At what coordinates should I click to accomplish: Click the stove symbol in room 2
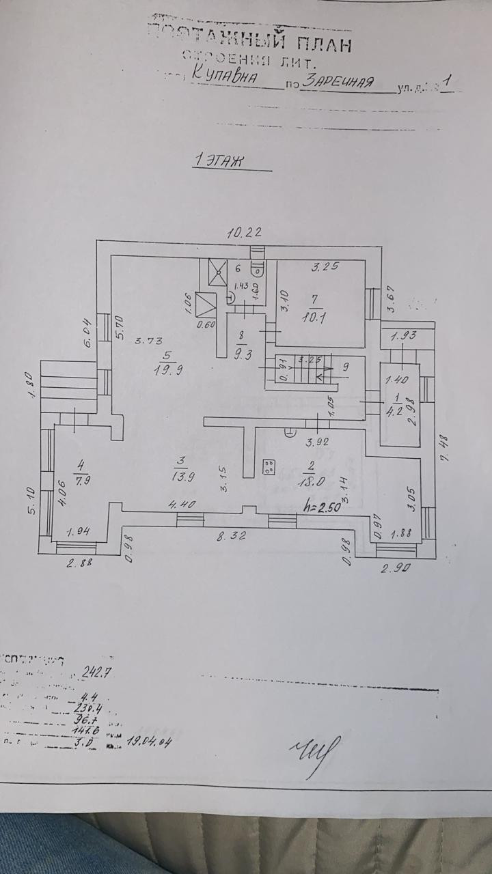click(269, 467)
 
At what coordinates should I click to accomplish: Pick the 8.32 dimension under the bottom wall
click(232, 536)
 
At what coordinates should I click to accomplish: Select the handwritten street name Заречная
click(340, 82)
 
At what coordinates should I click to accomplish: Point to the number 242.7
click(96, 671)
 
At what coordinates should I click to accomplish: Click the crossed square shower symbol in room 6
click(218, 273)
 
